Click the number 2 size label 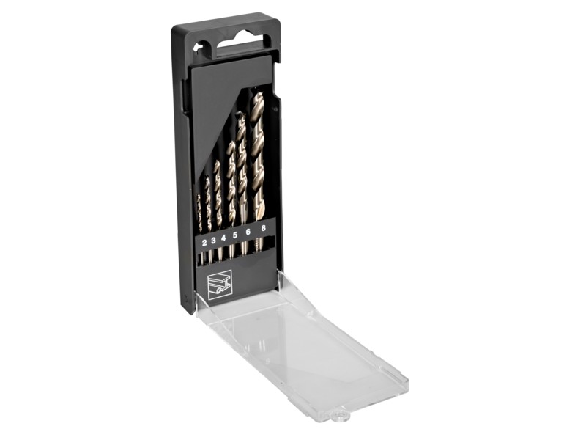click(204, 243)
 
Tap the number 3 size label click(213, 241)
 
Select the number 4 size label click(223, 237)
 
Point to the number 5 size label click(234, 235)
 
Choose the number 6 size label click(248, 232)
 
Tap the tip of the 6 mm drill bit click(240, 116)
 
